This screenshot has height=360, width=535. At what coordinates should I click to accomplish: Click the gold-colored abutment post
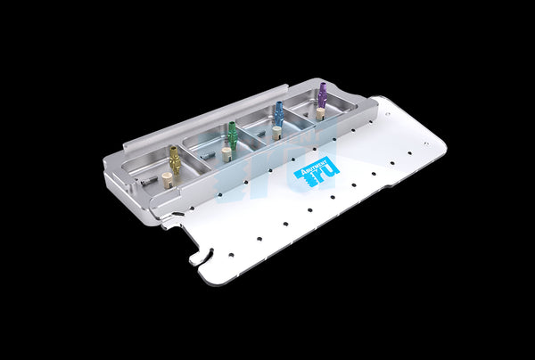175,160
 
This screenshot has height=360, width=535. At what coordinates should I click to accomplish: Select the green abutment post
233,135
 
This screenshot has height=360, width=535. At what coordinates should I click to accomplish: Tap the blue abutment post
279,113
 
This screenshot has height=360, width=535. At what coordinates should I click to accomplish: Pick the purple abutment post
322,94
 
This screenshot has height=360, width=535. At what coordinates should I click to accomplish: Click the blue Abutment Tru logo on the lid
317,170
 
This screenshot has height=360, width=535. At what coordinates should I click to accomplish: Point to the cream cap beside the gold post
167,180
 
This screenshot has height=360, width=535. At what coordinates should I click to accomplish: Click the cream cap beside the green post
226,154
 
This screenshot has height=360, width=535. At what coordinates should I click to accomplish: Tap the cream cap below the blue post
276,133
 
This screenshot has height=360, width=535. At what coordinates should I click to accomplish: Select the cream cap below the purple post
319,113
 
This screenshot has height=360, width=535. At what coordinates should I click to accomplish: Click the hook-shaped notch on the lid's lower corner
198,258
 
